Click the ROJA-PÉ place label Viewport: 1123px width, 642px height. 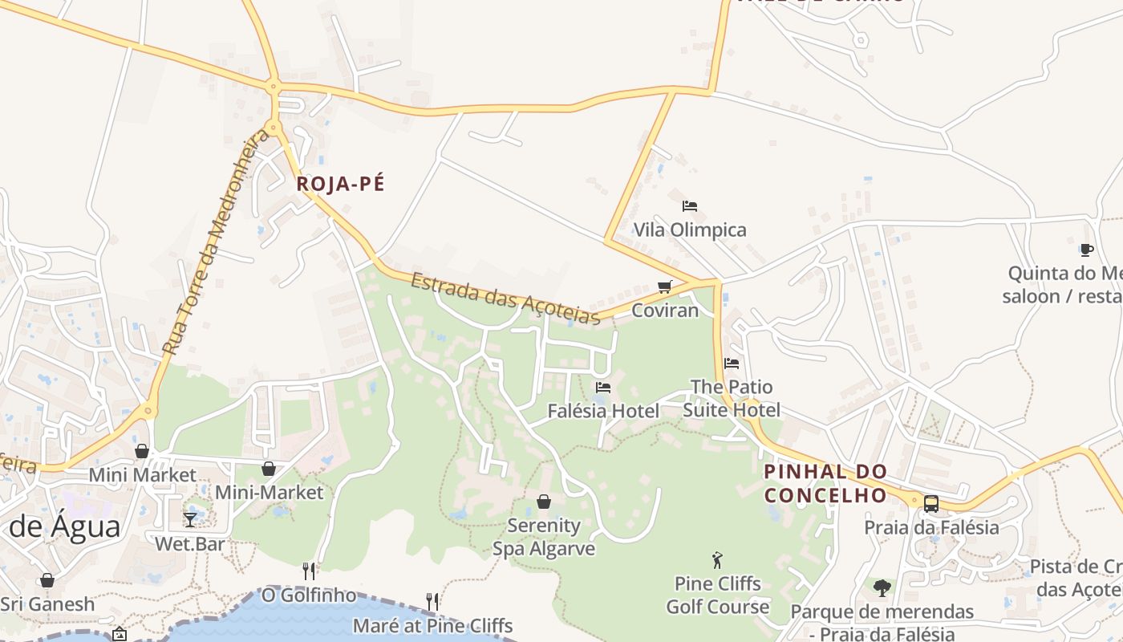340,184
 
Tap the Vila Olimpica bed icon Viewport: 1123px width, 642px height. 690,206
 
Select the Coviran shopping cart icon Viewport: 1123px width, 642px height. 664,286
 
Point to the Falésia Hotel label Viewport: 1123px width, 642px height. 603,411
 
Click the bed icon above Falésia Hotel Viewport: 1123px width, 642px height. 603,388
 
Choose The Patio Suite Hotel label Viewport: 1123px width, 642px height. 731,398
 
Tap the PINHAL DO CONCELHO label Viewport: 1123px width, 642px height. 825,483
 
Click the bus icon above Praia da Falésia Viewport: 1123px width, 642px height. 930,504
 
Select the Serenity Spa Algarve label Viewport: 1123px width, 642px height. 544,537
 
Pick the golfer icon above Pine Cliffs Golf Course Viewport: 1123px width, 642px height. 717,560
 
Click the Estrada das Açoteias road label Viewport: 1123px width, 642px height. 505,299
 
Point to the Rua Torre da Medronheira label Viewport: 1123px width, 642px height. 217,241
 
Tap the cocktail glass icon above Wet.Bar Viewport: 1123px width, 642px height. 190,520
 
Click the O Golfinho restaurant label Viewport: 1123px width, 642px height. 309,595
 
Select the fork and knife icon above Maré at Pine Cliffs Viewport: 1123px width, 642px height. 432,601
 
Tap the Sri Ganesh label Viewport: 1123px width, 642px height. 47,604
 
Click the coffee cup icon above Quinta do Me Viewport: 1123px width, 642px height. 1087,250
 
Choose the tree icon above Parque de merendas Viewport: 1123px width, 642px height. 882,588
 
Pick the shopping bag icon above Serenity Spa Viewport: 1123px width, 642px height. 544,502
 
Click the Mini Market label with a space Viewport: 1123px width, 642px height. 142,475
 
